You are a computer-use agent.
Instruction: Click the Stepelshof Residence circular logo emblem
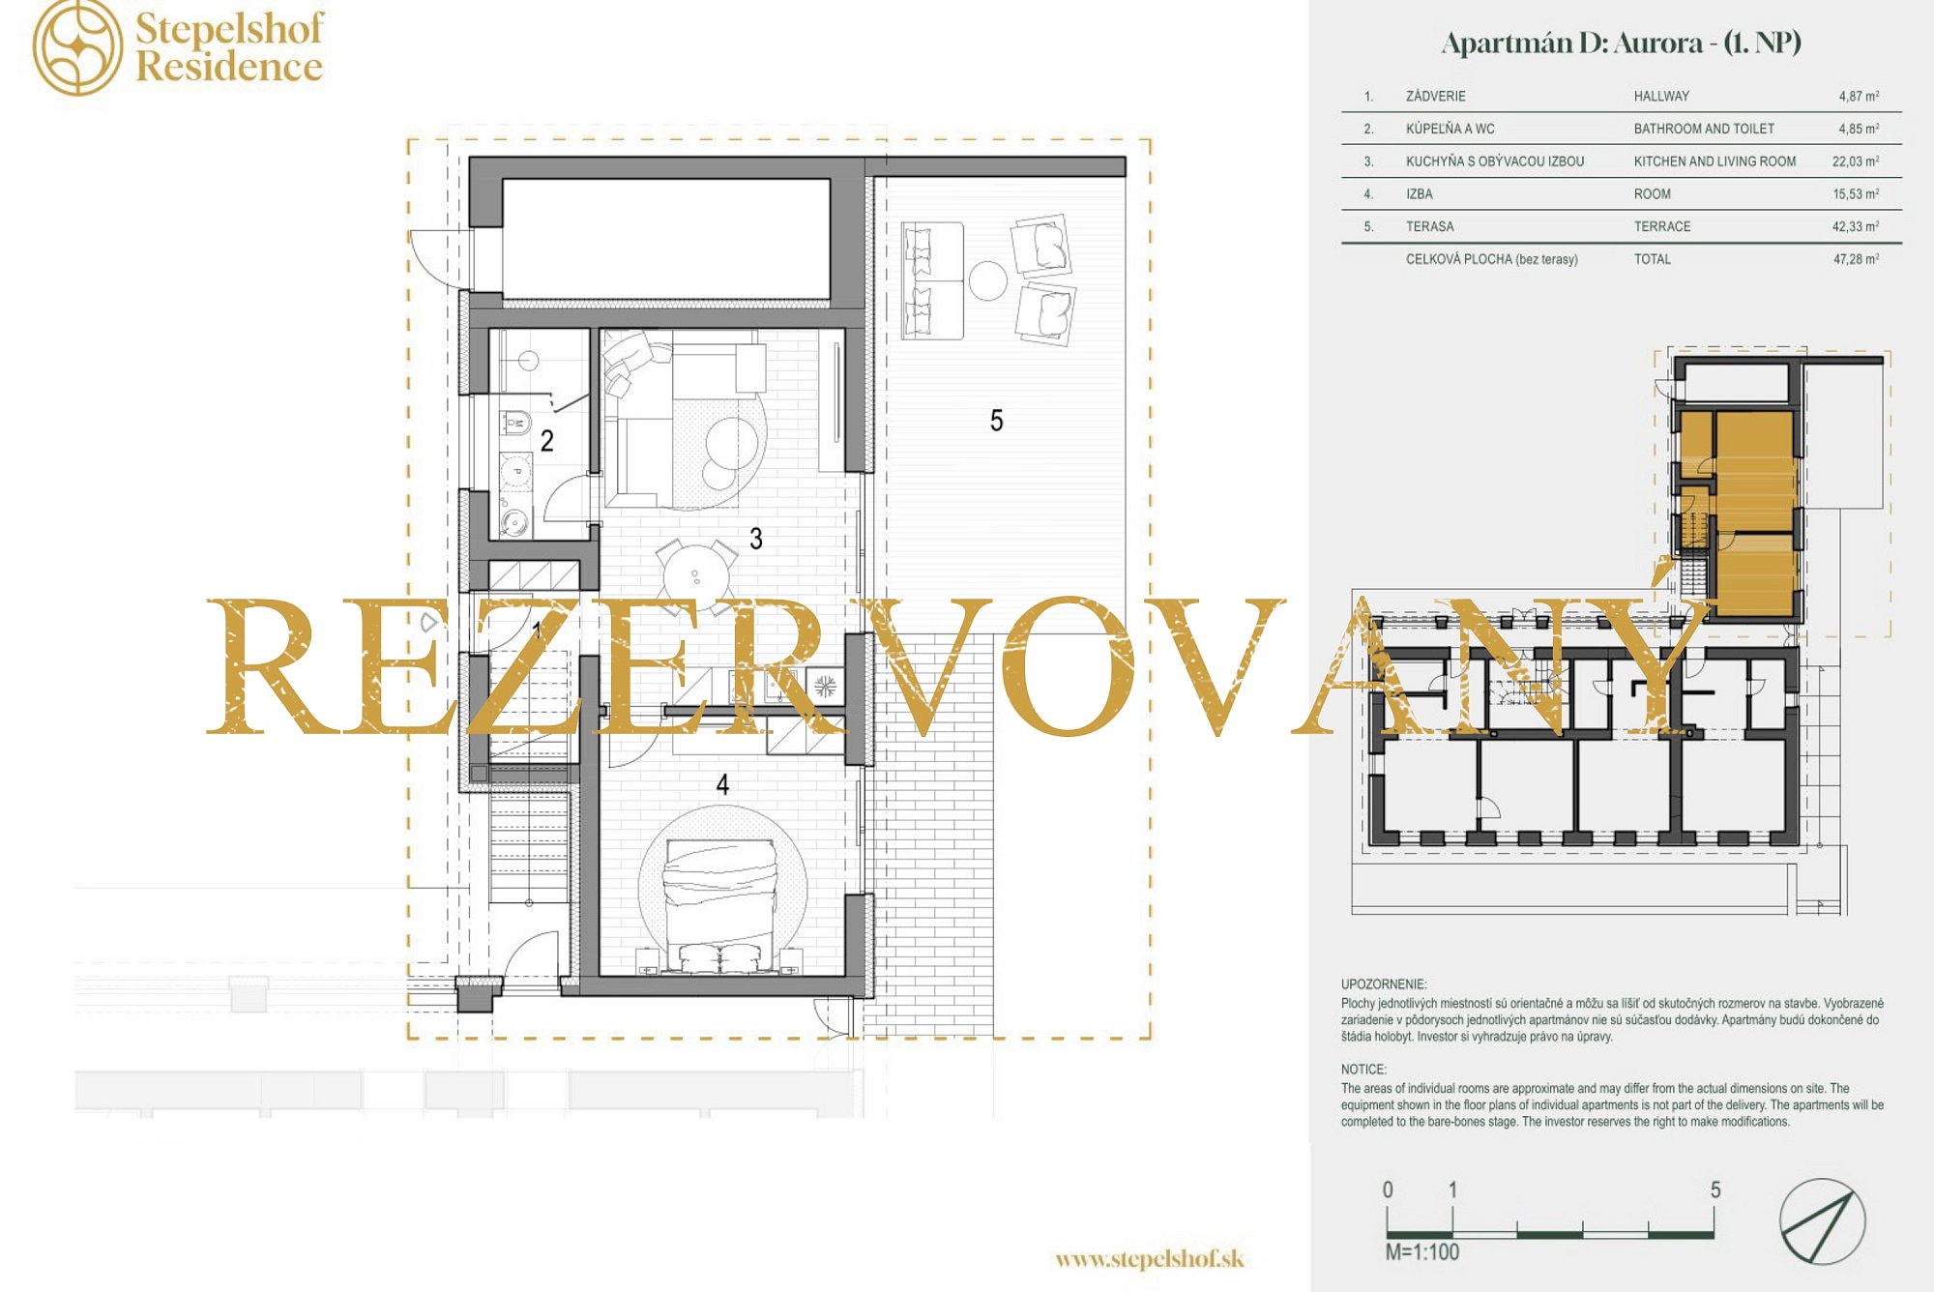coord(78,47)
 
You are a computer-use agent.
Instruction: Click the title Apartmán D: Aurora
coord(1571,44)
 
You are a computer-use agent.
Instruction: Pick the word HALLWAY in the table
coord(1661,96)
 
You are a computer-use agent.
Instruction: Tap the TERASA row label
coord(1429,226)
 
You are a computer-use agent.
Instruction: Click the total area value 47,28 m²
coord(1856,259)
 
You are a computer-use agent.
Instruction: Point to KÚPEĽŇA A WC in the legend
coord(1450,129)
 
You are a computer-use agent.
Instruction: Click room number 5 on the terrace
coord(996,421)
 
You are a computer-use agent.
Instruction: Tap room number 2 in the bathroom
coord(547,441)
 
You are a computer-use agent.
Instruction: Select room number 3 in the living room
coord(756,539)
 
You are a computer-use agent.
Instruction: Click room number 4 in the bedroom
coord(722,784)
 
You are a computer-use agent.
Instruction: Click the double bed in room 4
coord(720,904)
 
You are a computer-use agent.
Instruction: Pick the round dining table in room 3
coord(695,577)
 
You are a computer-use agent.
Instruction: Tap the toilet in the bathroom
coord(515,424)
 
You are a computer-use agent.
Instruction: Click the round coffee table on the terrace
coord(988,281)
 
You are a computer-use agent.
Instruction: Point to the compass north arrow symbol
coord(1822,1221)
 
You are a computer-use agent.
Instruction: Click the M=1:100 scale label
coord(1421,1251)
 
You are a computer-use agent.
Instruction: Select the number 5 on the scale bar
coord(1714,1189)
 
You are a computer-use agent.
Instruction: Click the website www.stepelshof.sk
coord(1149,1258)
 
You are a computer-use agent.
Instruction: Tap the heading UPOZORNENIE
coord(1383,984)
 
